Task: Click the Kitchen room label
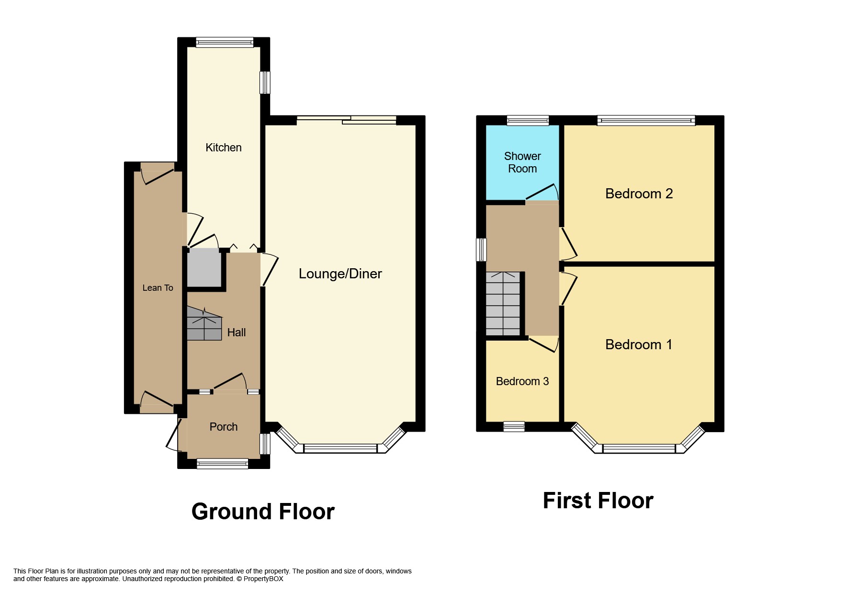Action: (223, 148)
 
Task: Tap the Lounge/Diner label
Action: (340, 274)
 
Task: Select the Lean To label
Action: (158, 288)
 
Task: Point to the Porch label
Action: (223, 427)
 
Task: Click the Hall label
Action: (236, 332)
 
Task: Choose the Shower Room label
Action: (522, 162)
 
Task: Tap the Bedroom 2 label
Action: (639, 194)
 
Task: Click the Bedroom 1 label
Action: (639, 344)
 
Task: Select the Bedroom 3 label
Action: (522, 381)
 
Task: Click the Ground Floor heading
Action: (263, 512)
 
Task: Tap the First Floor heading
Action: (598, 501)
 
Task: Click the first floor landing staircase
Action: (503, 304)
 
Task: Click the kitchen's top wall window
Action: (224, 43)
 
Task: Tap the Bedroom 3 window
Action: (514, 426)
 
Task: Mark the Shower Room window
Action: (528, 120)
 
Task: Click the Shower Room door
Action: (543, 193)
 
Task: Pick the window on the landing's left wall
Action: (481, 250)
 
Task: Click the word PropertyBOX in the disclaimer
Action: (263, 579)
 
